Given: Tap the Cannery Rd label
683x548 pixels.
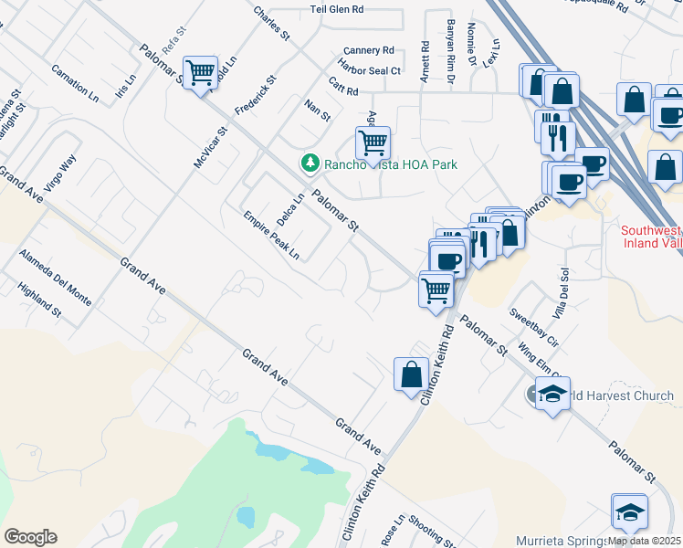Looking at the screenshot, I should coord(368,50).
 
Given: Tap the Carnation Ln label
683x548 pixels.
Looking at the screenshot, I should coord(75,81).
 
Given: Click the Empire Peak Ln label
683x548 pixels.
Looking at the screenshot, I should coord(271,236).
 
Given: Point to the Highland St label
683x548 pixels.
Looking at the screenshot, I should coord(39,300).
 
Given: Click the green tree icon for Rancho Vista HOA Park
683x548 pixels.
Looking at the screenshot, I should coord(310,163).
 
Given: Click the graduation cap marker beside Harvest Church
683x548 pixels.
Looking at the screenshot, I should coord(552,395).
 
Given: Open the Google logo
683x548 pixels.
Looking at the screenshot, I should coord(30,537).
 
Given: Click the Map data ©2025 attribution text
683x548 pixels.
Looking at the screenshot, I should coord(644,540).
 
